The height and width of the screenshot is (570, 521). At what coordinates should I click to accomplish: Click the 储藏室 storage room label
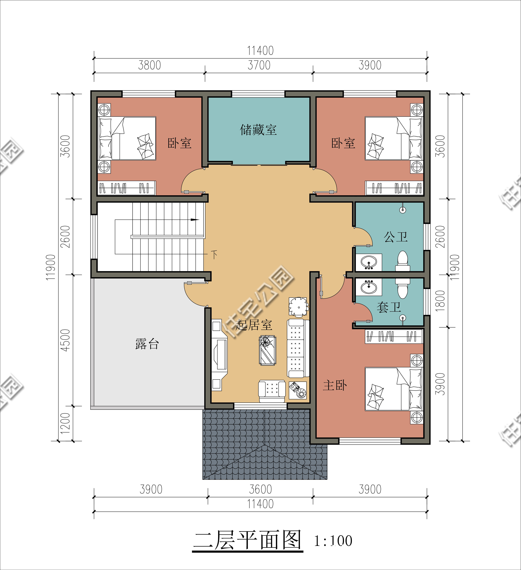[x=258, y=130]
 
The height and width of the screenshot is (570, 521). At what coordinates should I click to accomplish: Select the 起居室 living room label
[x=254, y=325]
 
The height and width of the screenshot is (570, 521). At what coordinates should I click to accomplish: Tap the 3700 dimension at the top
[x=259, y=65]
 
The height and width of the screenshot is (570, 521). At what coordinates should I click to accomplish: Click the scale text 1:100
[x=333, y=541]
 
